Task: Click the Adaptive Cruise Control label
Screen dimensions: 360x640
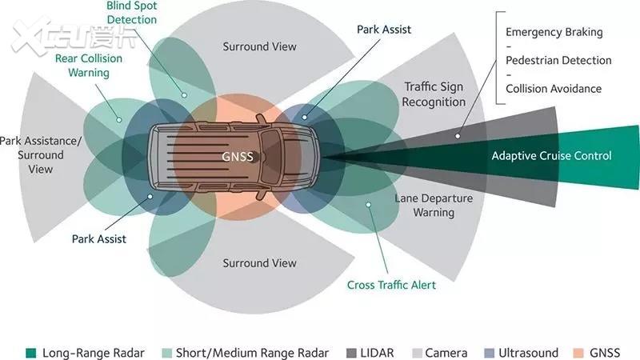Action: coord(551,156)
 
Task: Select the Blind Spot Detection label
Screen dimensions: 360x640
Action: coord(131,12)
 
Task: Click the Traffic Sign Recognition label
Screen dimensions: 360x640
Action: coord(434,94)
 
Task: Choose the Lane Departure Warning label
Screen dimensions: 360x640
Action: coord(434,206)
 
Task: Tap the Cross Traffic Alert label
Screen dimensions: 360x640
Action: coord(391,285)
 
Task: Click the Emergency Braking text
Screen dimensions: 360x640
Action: coord(554,33)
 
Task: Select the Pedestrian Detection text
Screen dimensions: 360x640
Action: coord(558,61)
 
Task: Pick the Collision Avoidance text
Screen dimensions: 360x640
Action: coord(554,89)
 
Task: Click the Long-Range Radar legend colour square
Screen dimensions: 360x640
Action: coord(31,352)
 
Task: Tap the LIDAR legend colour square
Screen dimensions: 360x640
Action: coord(353,352)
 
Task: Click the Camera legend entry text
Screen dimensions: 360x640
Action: coord(446,352)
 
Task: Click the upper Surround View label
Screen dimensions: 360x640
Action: coord(259,46)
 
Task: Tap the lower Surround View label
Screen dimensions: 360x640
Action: coord(259,263)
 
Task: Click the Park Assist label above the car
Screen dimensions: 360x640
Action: coord(384,30)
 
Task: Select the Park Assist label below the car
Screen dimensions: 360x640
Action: coord(99,238)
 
